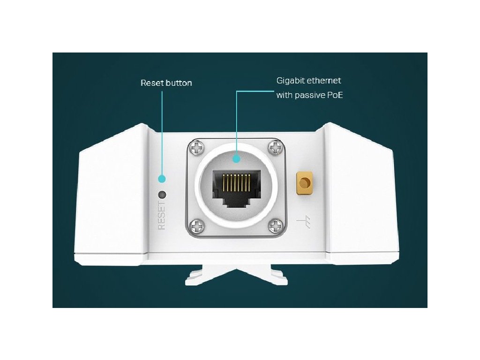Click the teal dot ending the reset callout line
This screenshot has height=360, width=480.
(162, 179)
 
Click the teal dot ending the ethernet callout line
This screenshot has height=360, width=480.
(236, 158)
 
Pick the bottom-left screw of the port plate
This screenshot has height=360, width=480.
(197, 227)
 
